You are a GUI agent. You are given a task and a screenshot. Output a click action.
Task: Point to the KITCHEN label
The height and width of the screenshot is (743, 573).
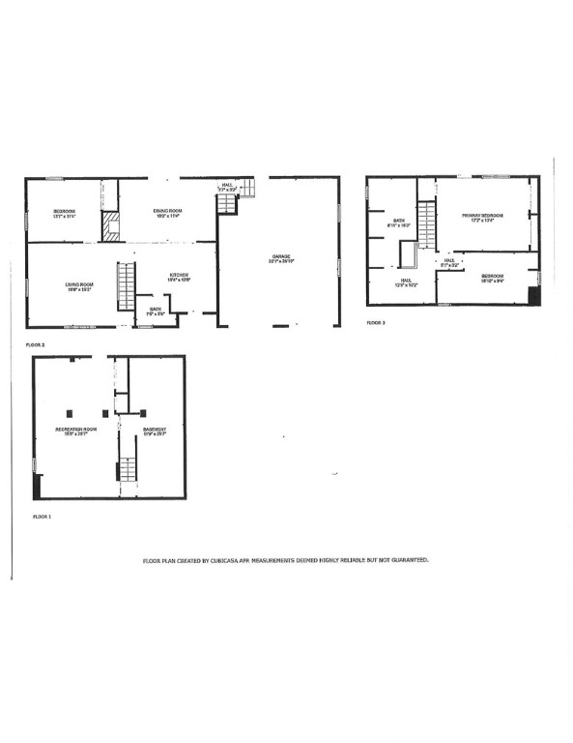tap(180, 275)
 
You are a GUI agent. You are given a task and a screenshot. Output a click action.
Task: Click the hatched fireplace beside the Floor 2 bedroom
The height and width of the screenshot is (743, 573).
tap(110, 227)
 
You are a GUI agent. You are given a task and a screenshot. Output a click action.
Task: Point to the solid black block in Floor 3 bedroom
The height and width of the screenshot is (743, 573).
tap(535, 295)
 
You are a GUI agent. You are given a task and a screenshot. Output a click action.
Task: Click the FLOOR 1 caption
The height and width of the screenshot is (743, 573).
tap(42, 518)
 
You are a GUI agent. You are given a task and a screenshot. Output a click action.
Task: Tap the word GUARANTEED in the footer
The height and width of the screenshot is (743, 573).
tap(408, 560)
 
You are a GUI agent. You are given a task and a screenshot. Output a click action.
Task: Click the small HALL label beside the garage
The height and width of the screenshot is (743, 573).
tap(227, 187)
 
